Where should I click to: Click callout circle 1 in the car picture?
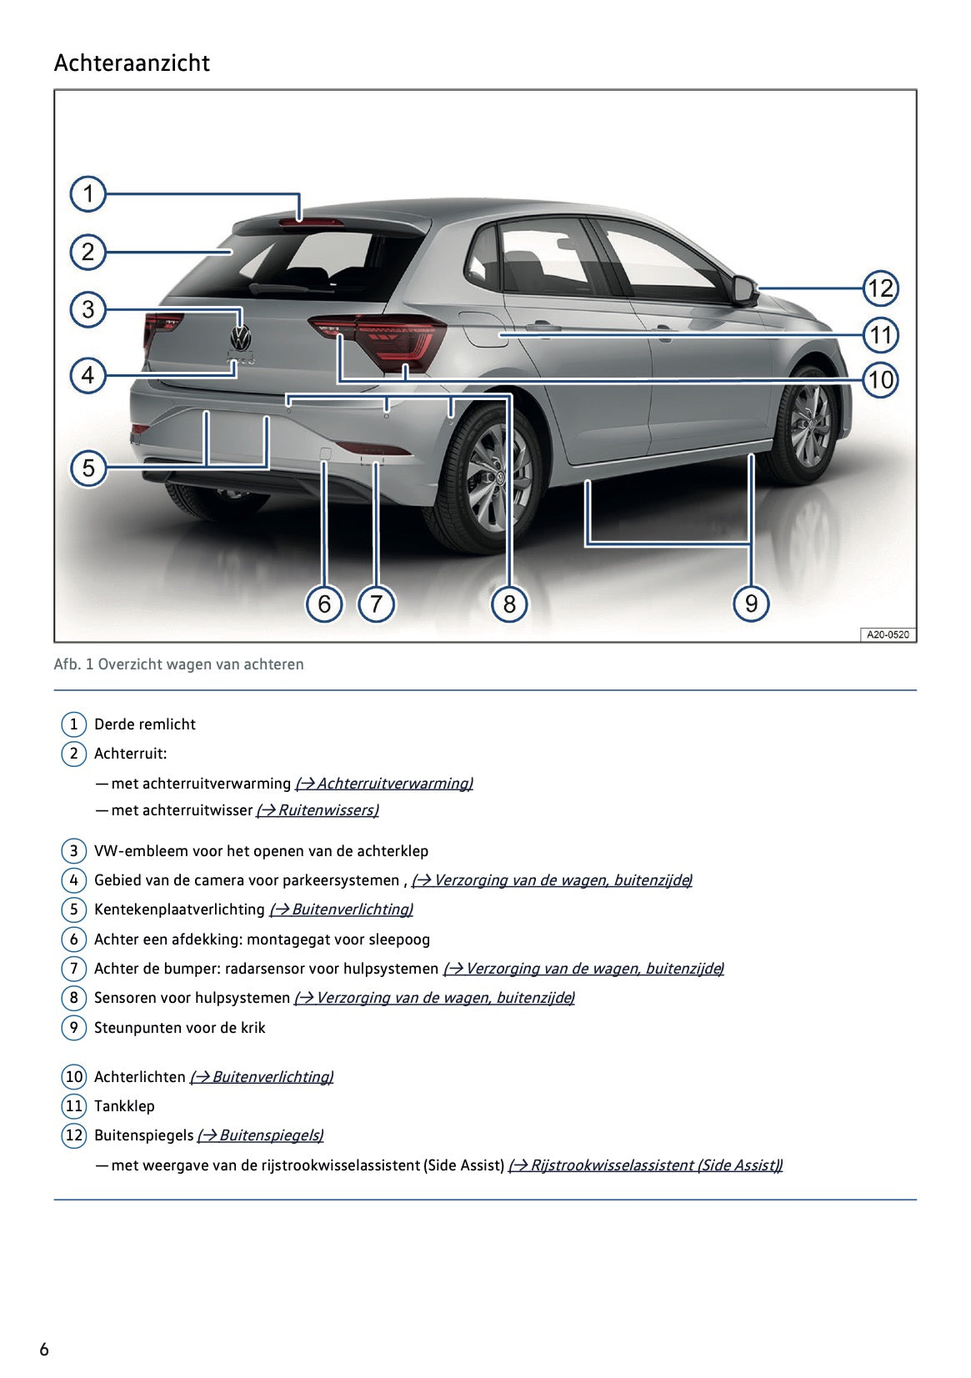pyautogui.click(x=88, y=193)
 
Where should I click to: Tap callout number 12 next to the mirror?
pyautogui.click(x=880, y=288)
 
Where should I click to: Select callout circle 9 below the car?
pyautogui.click(x=751, y=603)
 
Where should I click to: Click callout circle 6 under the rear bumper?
pyautogui.click(x=324, y=604)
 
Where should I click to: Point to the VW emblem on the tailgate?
pyautogui.click(x=240, y=338)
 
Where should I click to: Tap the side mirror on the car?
pyautogui.click(x=744, y=288)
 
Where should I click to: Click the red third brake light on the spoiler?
pyautogui.click(x=311, y=222)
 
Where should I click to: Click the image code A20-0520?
pyautogui.click(x=888, y=634)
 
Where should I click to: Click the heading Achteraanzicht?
pyautogui.click(x=132, y=63)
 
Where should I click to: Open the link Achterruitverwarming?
pyautogui.click(x=384, y=784)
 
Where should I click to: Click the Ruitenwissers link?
pyautogui.click(x=318, y=810)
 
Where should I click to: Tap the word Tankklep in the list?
pyautogui.click(x=124, y=1106)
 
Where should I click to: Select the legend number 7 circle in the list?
pyautogui.click(x=73, y=969)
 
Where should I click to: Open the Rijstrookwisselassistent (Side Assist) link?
pyautogui.click(x=645, y=1165)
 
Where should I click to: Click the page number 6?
pyautogui.click(x=44, y=1350)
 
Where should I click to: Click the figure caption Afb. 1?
pyautogui.click(x=178, y=664)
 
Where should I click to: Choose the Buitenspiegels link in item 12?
pyautogui.click(x=260, y=1135)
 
